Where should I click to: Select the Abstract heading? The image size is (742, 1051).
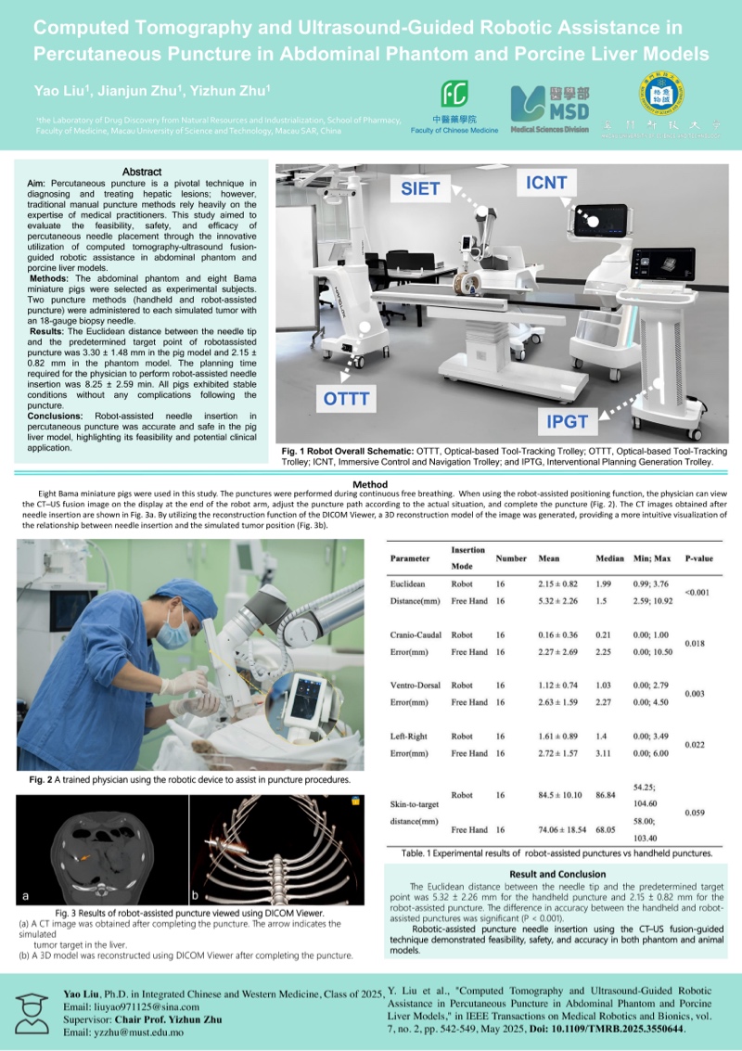(142, 172)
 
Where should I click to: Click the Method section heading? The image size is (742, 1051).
(370, 484)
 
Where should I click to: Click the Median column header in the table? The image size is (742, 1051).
(607, 559)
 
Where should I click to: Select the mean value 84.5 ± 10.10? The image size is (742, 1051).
(560, 795)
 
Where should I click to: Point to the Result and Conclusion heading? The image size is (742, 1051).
(557, 874)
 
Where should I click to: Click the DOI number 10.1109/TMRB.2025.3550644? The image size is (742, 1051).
(621, 1030)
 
